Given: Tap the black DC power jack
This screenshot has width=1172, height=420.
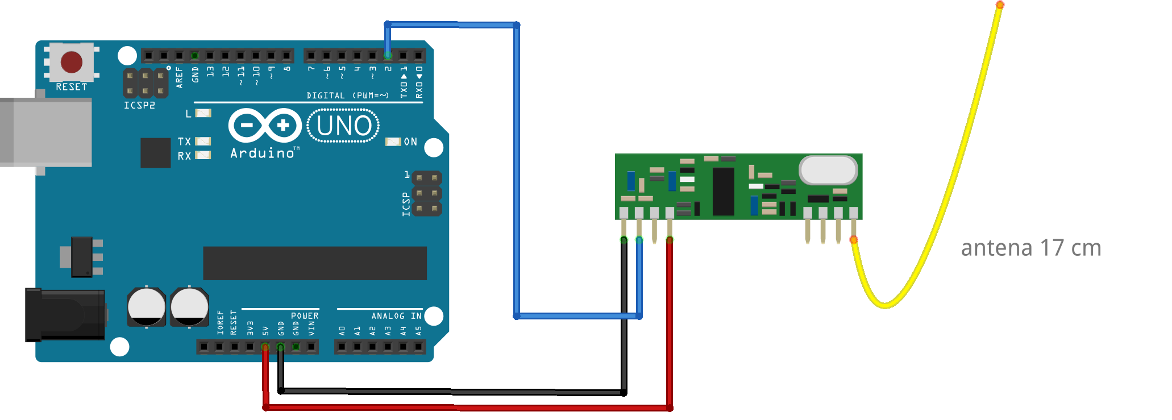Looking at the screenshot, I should pyautogui.click(x=64, y=315).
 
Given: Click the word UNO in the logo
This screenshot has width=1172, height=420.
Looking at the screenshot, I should pyautogui.click(x=344, y=126).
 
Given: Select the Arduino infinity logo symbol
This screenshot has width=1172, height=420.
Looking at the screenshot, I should pyautogui.click(x=265, y=125).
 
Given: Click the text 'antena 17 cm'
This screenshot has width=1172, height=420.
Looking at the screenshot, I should pyautogui.click(x=1030, y=248).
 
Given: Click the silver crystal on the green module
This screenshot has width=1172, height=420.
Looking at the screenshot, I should pyautogui.click(x=828, y=170).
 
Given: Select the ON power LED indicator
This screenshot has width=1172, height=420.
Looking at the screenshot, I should pyautogui.click(x=393, y=142).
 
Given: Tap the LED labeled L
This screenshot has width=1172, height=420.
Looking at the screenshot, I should pyautogui.click(x=203, y=113).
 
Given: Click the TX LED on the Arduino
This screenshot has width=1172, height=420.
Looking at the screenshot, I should pyautogui.click(x=203, y=141).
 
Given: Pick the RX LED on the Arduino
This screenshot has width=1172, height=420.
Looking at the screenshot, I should pyautogui.click(x=203, y=155).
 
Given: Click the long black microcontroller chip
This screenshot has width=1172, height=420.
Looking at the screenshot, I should pyautogui.click(x=314, y=263).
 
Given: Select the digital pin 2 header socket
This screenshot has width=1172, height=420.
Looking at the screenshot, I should pyautogui.click(x=388, y=55).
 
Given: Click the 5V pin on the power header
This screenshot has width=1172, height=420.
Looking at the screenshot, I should pyautogui.click(x=265, y=347).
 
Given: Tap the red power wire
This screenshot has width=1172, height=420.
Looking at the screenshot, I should pyautogui.click(x=466, y=407).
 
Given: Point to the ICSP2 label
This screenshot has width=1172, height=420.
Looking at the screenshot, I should pyautogui.click(x=139, y=105).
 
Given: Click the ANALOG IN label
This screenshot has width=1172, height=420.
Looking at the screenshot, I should pyautogui.click(x=396, y=316).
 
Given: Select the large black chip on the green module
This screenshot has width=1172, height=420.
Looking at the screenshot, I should pyautogui.click(x=723, y=192).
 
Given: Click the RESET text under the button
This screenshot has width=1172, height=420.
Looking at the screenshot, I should pyautogui.click(x=72, y=87).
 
